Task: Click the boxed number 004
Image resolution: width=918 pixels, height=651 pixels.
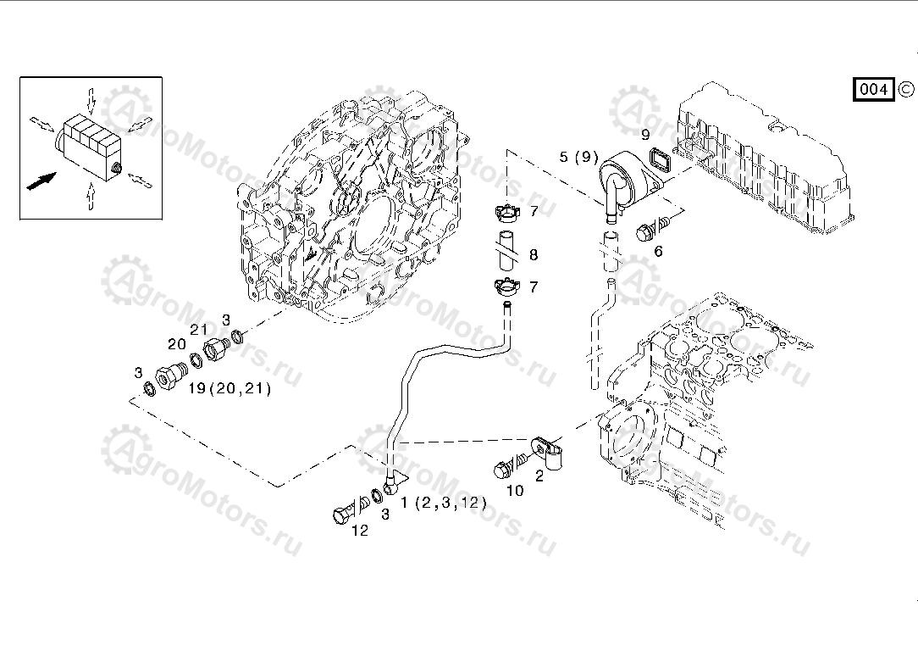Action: click(873, 89)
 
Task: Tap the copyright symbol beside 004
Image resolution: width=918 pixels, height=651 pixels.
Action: click(905, 88)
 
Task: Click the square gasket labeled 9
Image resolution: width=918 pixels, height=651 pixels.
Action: click(660, 158)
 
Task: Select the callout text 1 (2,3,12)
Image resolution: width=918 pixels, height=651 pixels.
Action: click(444, 503)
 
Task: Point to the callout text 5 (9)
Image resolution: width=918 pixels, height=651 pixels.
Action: click(578, 157)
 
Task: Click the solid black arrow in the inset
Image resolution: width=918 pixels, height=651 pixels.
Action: click(41, 181)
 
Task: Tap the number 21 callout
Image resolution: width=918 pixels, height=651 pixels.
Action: click(199, 330)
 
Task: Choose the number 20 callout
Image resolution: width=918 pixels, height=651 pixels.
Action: click(176, 344)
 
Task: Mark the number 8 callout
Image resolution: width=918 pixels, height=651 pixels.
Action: click(534, 255)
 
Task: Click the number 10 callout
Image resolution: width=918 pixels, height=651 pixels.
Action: click(515, 490)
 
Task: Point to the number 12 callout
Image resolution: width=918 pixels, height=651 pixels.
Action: click(360, 531)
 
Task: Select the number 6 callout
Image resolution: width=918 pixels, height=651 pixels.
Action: click(658, 251)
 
